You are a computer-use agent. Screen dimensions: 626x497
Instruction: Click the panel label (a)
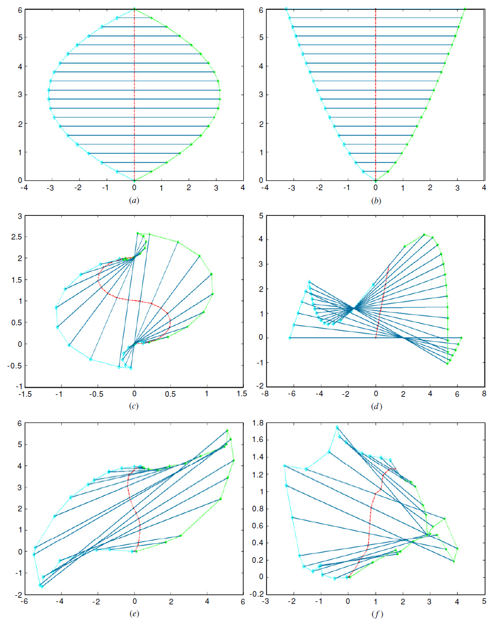pos(134,200)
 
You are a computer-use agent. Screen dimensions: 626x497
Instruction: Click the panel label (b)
pos(375,200)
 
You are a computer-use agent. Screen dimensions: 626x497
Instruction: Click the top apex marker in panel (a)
pos(135,9)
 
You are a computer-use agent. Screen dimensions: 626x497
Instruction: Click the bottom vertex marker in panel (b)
pos(375,180)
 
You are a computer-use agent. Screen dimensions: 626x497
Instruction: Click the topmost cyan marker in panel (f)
pos(337,427)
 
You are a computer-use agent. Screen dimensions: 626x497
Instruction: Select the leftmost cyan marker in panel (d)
pos(290,338)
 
